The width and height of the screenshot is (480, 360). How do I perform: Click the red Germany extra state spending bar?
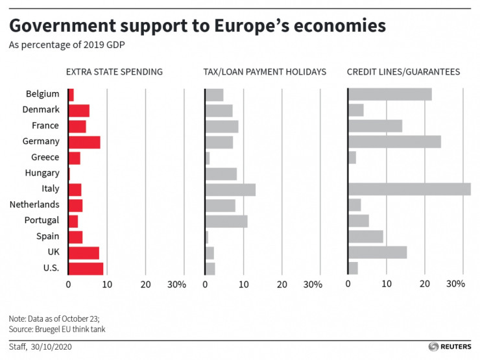[84, 141]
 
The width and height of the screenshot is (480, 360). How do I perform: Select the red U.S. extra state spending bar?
[86, 268]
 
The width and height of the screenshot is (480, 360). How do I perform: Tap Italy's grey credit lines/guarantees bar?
[409, 189]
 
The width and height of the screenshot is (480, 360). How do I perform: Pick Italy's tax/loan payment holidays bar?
[230, 189]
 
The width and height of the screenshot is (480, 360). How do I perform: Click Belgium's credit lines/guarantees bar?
[390, 94]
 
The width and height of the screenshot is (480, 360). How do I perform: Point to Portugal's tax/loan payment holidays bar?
[226, 221]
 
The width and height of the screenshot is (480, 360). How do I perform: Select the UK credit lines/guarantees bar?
[378, 252]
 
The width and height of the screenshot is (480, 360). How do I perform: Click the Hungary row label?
[42, 173]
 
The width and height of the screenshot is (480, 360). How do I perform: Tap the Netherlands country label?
[34, 205]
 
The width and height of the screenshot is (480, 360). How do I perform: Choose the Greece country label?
[45, 158]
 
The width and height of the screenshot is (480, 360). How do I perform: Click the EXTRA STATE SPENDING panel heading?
[115, 72]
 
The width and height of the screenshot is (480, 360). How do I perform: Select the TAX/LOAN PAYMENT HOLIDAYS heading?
[265, 72]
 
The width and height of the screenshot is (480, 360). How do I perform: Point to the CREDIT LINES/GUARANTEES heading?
[403, 72]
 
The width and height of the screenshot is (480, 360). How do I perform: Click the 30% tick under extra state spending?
[176, 284]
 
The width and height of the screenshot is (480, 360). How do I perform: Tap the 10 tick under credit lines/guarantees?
[387, 284]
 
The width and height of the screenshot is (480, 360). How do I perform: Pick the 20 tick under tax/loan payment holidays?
[282, 284]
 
